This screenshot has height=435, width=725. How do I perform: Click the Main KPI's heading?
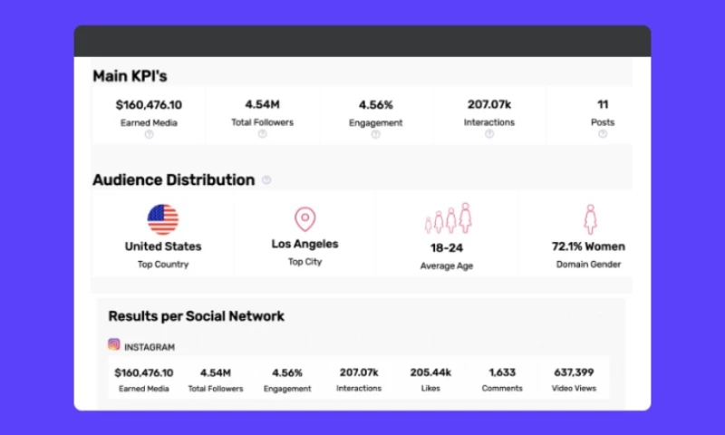tap(130, 76)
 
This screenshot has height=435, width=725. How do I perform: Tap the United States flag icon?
tap(163, 219)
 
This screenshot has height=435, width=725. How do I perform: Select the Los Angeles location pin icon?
tap(305, 218)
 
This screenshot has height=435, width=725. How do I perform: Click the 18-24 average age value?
tap(447, 246)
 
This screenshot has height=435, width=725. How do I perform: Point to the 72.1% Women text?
tap(588, 246)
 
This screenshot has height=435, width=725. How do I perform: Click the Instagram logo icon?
tap(114, 345)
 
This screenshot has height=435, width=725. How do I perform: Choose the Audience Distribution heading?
tap(173, 179)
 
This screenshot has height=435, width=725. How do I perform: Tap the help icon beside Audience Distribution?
tap(266, 179)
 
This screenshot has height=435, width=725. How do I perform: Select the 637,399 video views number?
tap(574, 372)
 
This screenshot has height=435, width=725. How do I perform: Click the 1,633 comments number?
tap(502, 372)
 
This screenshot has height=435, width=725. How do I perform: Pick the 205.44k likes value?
tap(430, 372)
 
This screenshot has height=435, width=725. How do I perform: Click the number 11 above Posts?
tap(603, 104)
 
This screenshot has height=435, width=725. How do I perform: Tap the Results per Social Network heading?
tap(197, 316)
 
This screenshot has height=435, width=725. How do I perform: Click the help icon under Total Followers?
tap(262, 134)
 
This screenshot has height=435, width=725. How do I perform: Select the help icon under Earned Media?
tap(149, 134)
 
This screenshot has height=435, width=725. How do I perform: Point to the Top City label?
tap(305, 262)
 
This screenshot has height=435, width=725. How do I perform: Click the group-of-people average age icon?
tap(449, 218)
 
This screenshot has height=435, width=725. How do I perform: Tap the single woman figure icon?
tap(590, 218)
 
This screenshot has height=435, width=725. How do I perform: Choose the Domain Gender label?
tap(588, 265)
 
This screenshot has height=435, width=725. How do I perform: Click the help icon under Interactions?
tap(489, 134)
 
